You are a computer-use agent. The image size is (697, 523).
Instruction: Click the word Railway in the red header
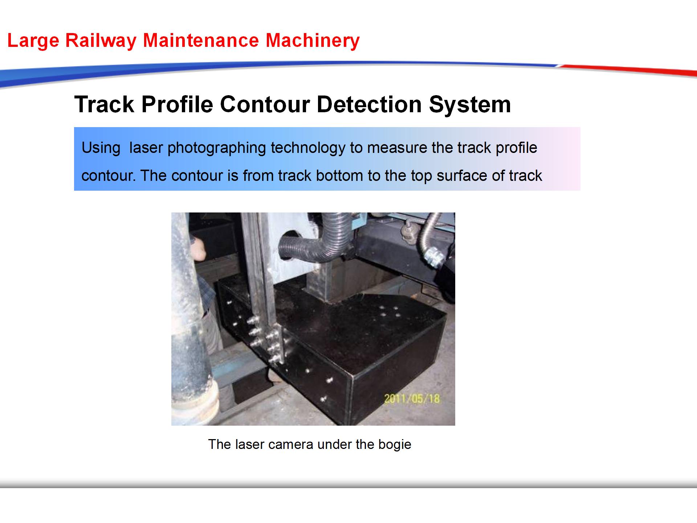coord(101,41)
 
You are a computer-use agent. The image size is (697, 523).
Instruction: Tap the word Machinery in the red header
coord(313,40)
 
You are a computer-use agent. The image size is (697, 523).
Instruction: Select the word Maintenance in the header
coord(201,40)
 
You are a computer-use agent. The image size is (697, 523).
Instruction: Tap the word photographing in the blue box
coord(217,148)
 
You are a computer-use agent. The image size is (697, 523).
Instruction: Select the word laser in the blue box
coord(146,148)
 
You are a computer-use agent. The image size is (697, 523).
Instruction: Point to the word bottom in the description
coord(339,176)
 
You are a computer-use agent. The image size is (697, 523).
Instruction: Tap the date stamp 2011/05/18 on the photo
coord(412,399)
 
